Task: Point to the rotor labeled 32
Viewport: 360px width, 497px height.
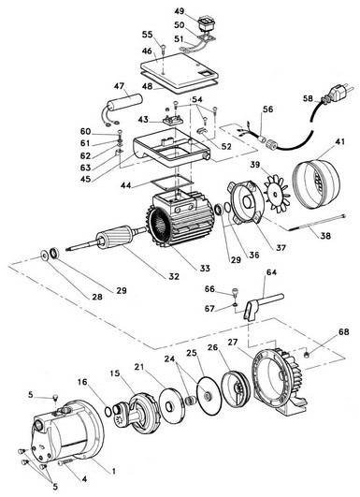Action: (107, 240)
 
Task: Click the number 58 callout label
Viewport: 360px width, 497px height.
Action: (308, 98)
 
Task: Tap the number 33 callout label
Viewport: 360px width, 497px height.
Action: (205, 268)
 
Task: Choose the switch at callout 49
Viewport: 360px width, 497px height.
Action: (205, 24)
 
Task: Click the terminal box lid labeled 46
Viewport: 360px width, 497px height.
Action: (180, 71)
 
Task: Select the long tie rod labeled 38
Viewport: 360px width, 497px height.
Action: (317, 223)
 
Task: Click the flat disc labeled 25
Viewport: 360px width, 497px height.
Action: (209, 395)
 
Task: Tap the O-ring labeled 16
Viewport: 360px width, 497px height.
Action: (108, 411)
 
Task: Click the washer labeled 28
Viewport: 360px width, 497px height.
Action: (43, 256)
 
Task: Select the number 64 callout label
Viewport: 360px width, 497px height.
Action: (271, 272)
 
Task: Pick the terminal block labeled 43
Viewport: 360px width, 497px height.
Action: (173, 121)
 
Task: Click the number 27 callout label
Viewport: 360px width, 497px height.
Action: (233, 343)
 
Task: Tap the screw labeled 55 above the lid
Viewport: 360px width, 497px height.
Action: (164, 50)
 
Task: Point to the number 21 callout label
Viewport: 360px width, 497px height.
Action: (139, 367)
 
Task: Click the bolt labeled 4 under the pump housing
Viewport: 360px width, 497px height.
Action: (65, 463)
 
